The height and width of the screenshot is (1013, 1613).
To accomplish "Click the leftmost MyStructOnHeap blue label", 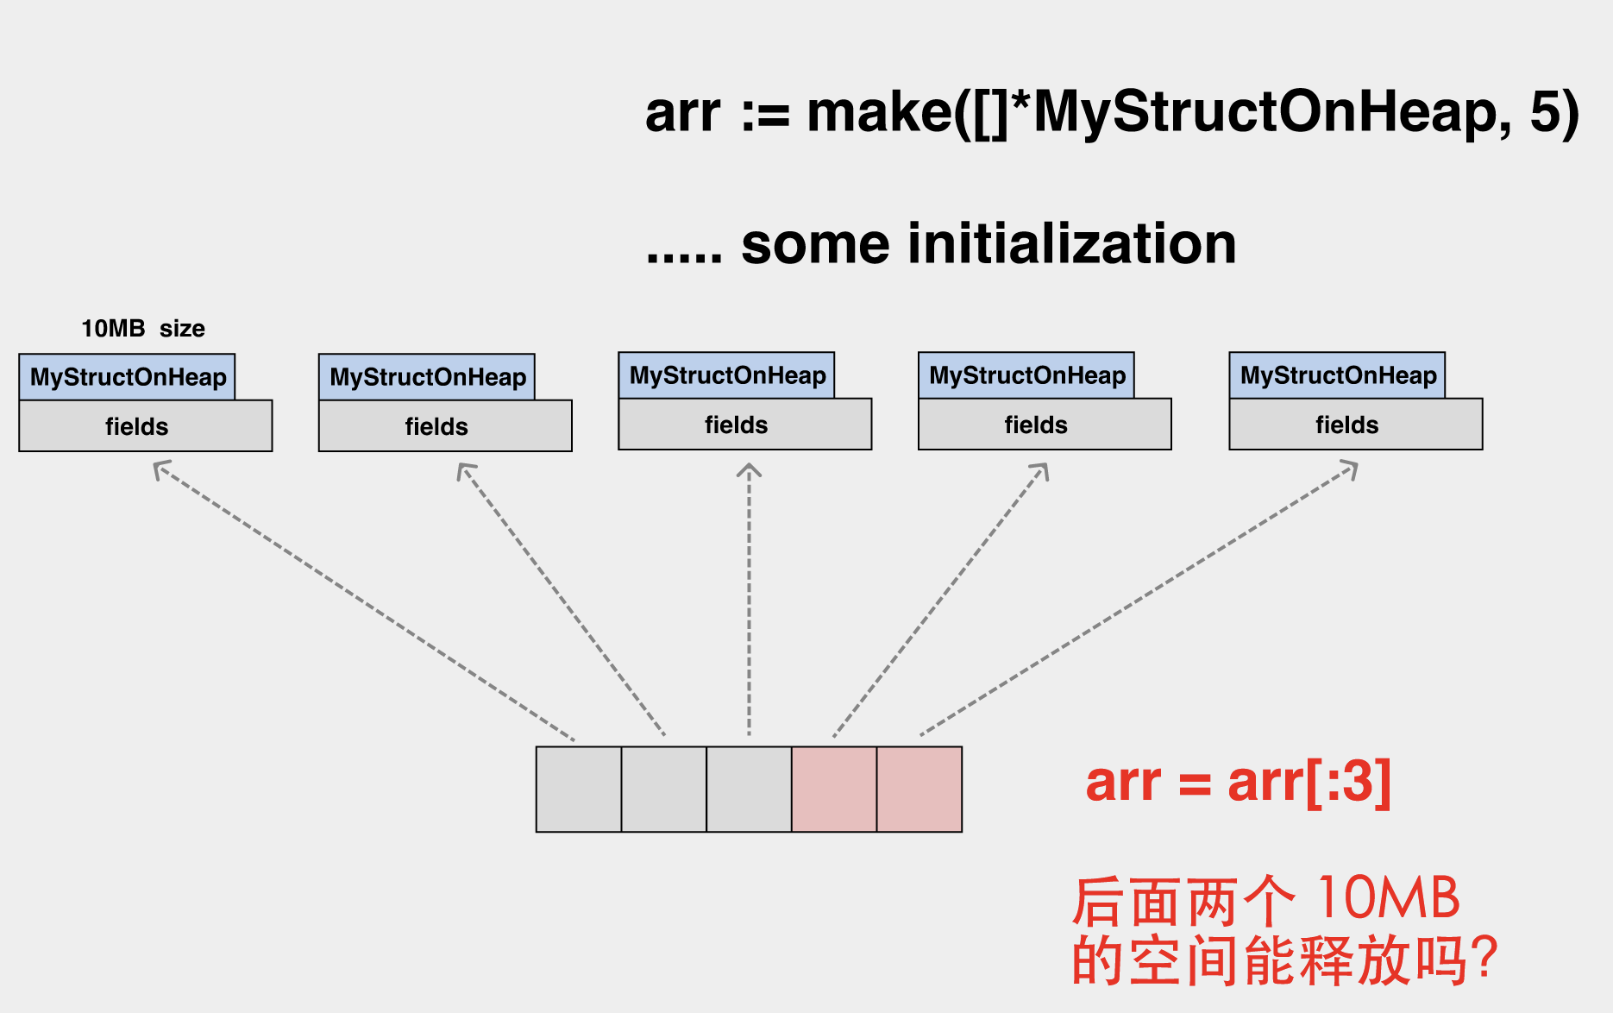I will pos(127,377).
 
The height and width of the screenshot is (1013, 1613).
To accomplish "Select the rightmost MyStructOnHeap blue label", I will pos(1337,375).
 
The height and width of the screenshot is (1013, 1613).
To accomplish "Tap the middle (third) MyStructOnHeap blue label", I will pos(726,375).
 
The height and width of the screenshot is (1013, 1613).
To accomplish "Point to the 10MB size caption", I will pos(142,329).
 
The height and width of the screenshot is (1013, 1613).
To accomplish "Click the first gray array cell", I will pos(579,790).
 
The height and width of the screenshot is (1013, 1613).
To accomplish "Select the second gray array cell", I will pos(663,790).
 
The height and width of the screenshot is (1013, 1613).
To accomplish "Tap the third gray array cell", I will pos(749,790).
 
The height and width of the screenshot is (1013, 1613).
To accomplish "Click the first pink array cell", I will pos(834,790).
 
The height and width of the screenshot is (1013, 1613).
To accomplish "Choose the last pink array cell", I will pos(919,790).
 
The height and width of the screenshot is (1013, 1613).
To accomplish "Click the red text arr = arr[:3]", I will pos(1238,782).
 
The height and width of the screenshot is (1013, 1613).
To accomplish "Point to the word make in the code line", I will pos(879,113).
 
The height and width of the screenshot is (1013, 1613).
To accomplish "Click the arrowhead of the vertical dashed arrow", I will pos(749,470).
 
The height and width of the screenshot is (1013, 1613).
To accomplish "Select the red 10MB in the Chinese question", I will pos(1389,899).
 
